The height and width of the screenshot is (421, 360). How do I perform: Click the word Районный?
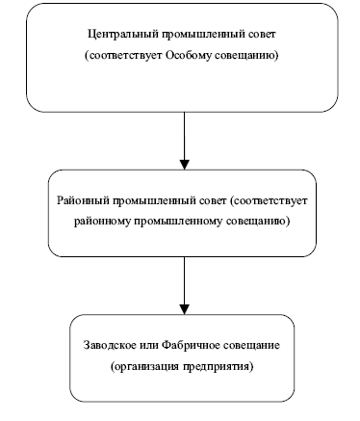[84, 200]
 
